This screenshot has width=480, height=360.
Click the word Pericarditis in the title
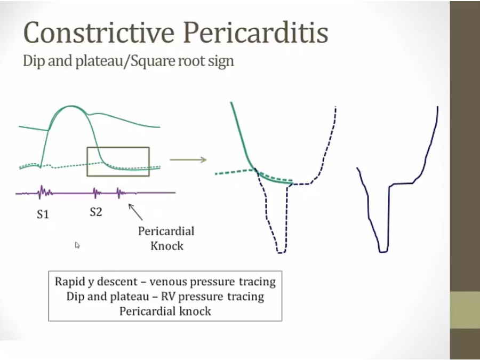256,32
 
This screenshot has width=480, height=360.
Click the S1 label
43,214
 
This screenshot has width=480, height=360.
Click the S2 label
96,212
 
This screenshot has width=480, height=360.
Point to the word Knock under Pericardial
167,246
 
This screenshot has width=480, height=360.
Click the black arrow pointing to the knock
135,212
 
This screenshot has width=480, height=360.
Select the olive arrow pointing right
188,159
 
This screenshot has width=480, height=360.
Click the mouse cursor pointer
77,245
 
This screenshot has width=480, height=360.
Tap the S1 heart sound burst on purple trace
43,192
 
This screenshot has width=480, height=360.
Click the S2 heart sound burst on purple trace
97,193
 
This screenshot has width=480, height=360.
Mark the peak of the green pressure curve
71,106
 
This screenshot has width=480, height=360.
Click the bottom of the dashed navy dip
281,253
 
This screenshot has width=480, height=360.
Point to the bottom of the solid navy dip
383,252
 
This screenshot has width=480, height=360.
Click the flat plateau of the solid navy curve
401,183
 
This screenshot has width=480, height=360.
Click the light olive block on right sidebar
465,310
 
